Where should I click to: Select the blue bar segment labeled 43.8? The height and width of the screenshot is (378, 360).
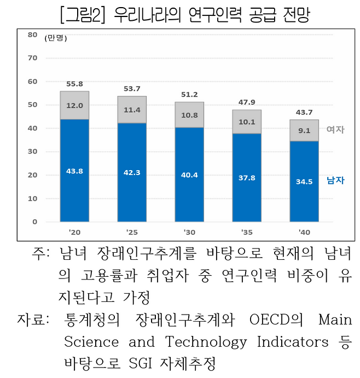tap(74, 170)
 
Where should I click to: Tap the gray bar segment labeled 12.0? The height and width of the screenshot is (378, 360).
tap(74, 105)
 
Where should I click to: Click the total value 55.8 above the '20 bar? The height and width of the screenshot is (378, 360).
tap(74, 84)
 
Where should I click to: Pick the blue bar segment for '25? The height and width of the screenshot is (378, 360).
tap(132, 172)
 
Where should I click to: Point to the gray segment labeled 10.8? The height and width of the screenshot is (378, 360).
tap(189, 116)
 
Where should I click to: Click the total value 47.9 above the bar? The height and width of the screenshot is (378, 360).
tap(246, 102)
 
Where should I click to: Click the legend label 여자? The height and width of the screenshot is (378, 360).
tap(335, 129)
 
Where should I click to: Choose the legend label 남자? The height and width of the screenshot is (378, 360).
tap(335, 179)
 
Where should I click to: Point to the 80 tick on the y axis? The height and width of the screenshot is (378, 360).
tap(32, 34)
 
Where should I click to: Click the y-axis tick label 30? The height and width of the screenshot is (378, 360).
tap(32, 152)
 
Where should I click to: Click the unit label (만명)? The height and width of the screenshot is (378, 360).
tap(55, 38)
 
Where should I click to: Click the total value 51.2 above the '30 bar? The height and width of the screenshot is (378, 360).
tap(189, 94)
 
